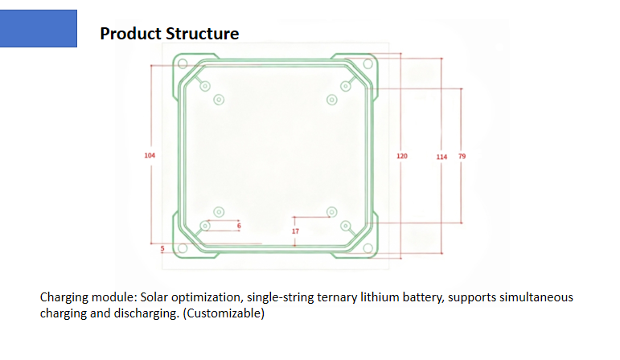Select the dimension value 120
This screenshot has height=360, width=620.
[402, 154]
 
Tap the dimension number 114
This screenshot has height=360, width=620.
[441, 155]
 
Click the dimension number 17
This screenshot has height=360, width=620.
[295, 231]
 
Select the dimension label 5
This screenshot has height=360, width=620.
[162, 249]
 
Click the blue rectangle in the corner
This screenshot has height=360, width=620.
[38, 28]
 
